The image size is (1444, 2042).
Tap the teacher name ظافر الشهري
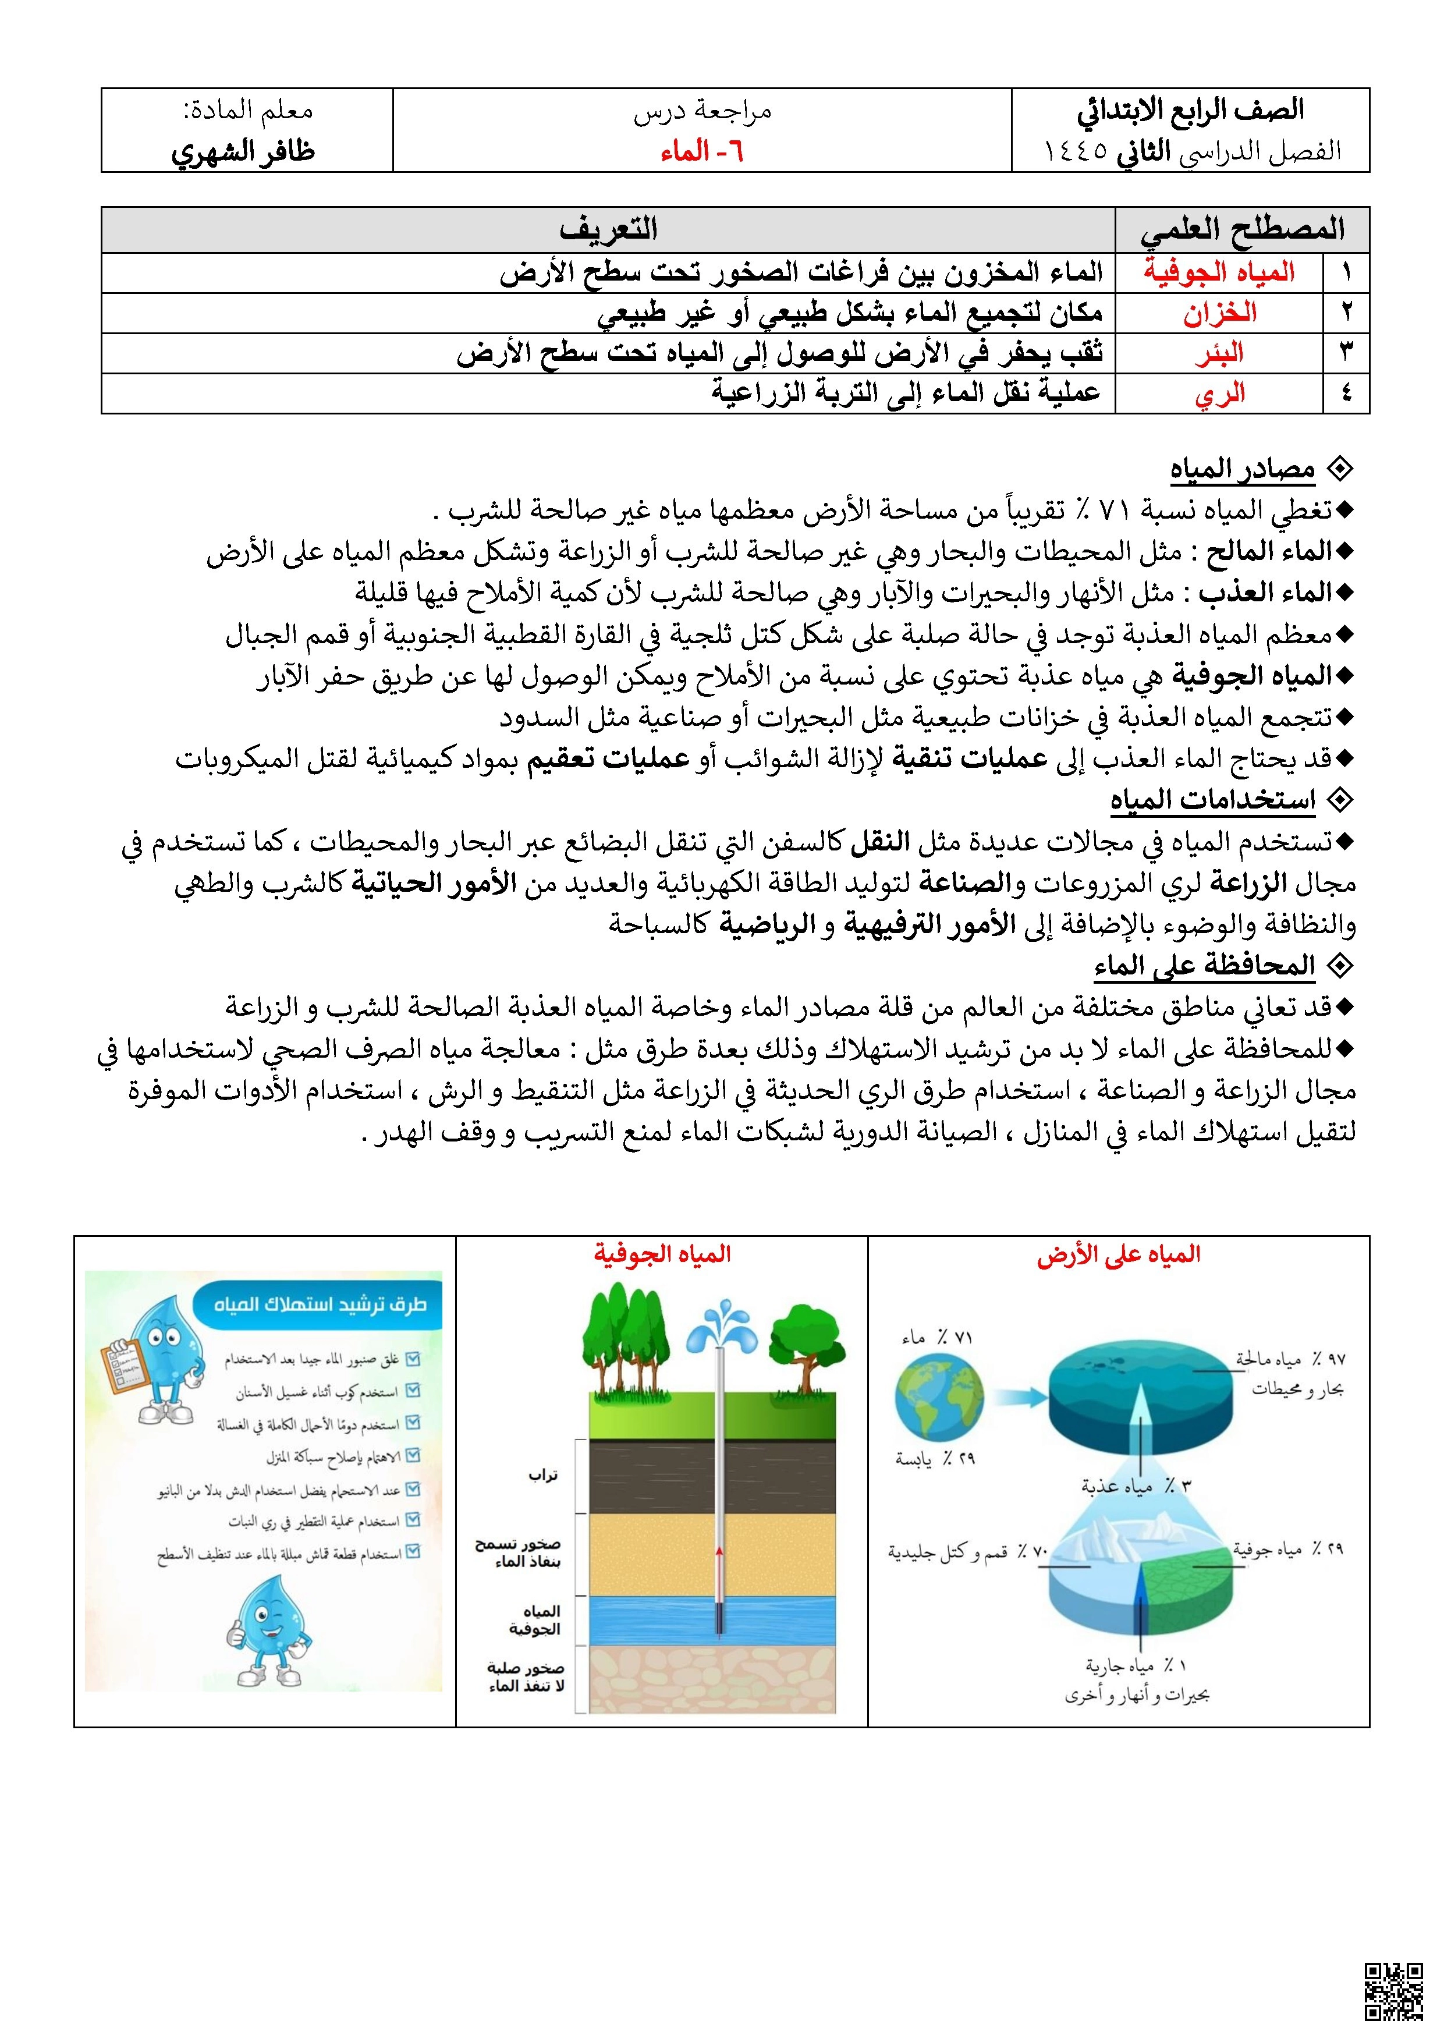[x=243, y=151]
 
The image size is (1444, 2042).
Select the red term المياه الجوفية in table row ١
[x=1219, y=272]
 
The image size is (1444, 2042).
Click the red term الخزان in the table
[x=1219, y=313]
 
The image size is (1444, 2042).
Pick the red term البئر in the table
[x=1219, y=353]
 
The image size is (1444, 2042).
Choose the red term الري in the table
[x=1219, y=393]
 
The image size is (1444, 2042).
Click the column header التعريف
[x=608, y=229]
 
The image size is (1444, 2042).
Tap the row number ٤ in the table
[x=1345, y=393]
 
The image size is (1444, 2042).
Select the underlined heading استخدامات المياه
[x=1212, y=800]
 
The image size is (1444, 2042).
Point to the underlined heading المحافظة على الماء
[x=1204, y=965]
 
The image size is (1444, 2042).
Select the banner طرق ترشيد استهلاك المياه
[x=319, y=1304]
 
